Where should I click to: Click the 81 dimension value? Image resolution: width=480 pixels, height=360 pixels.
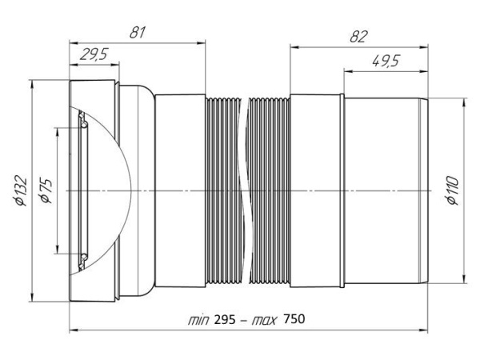tap(137, 33)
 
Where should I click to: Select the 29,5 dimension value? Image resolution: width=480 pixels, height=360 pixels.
tap(94, 54)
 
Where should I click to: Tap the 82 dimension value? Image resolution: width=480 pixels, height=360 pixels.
tap(358, 37)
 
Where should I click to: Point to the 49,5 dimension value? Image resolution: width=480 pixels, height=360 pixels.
tap(386, 61)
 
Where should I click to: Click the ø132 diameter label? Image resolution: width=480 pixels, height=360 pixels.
tap(21, 190)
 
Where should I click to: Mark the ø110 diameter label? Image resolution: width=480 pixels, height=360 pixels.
tap(452, 190)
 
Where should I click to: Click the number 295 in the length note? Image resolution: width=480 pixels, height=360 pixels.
tap(225, 320)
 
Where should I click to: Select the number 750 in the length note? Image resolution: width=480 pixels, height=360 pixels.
tap(294, 319)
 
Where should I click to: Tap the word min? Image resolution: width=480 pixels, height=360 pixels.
tap(198, 320)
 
